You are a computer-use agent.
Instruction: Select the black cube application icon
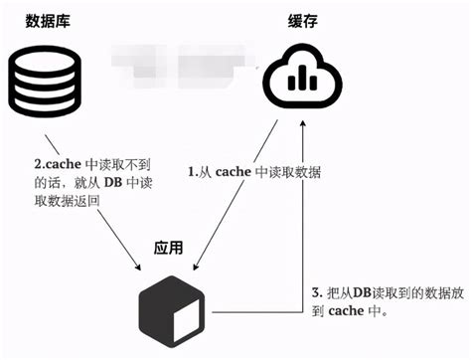[x=175, y=303]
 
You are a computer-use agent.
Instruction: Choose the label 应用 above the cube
[x=170, y=247]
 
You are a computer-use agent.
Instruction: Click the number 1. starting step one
[x=195, y=171]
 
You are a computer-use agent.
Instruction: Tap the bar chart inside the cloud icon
[x=301, y=88]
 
